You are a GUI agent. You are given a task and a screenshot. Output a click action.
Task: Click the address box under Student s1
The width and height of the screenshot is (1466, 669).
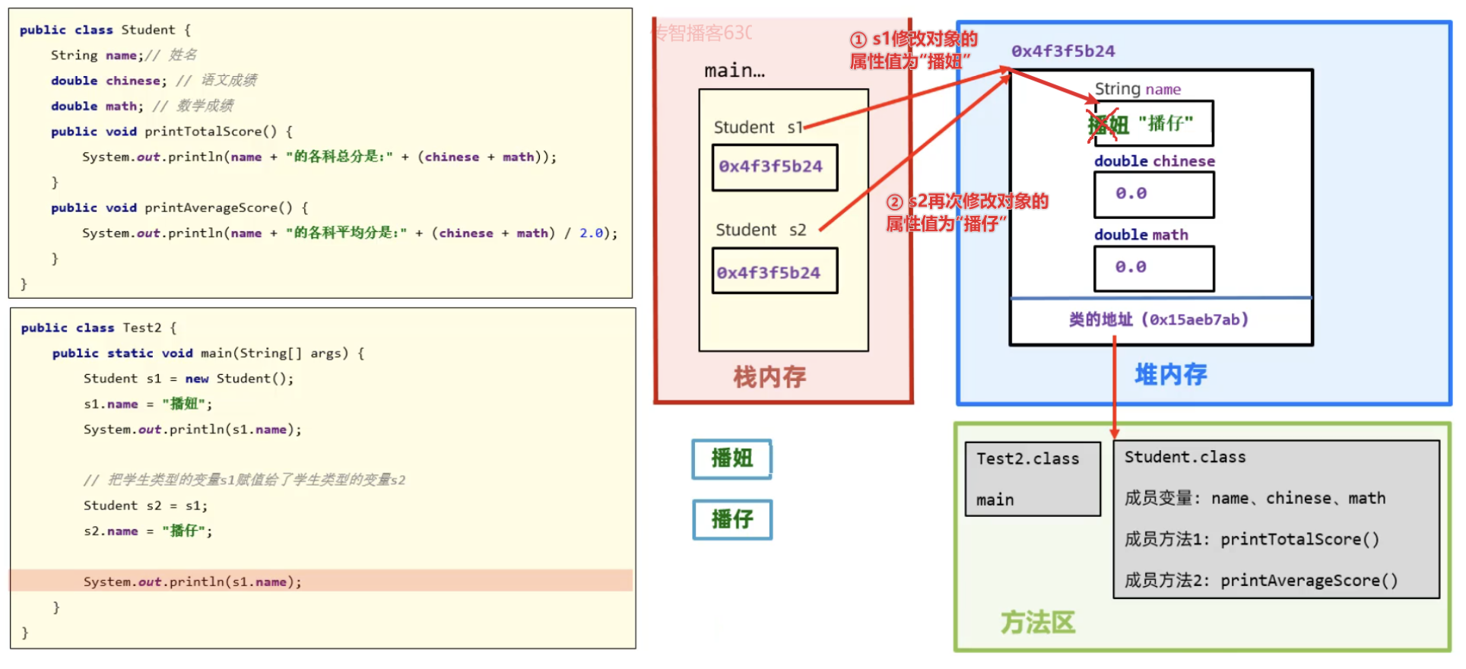click(x=774, y=167)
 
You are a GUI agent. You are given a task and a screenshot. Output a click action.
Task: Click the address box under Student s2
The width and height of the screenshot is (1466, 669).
click(x=774, y=271)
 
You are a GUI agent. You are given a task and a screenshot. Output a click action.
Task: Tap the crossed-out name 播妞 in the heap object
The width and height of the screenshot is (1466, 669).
click(x=1106, y=124)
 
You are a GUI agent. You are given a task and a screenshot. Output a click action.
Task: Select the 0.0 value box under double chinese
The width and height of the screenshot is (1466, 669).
click(x=1153, y=195)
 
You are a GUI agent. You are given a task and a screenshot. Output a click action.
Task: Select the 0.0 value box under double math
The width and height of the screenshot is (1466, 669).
click(x=1153, y=268)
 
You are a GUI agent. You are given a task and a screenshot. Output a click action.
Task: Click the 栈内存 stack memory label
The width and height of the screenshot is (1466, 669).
click(x=769, y=376)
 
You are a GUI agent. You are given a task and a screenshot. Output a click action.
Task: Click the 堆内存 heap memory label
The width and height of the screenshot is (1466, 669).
click(x=1170, y=374)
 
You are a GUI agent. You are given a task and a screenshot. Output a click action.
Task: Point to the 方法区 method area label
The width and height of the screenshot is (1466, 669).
click(x=1037, y=623)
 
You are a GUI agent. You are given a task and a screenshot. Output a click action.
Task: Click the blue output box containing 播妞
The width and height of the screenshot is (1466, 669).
click(x=731, y=458)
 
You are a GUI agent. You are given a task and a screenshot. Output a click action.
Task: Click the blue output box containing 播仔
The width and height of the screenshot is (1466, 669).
click(x=731, y=519)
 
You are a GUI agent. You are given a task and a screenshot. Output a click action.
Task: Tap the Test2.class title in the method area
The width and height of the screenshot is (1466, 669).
click(x=1027, y=459)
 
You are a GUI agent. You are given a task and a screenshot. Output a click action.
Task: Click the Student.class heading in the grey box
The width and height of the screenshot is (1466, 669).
click(x=1185, y=457)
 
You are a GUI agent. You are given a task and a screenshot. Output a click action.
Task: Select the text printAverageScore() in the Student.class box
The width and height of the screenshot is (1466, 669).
click(x=1309, y=581)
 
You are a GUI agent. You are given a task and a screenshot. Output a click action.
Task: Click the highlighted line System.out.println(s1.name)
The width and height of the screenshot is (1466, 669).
click(x=192, y=582)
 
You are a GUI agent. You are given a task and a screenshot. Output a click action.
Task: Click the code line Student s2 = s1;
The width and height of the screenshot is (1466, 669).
click(x=145, y=506)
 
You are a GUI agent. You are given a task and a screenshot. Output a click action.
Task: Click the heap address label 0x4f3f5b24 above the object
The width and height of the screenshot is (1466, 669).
click(x=1062, y=52)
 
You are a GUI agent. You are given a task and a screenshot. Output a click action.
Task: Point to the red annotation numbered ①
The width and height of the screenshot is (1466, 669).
click(x=912, y=50)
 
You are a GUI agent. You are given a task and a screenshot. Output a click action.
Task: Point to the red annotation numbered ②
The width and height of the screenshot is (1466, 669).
click(x=966, y=212)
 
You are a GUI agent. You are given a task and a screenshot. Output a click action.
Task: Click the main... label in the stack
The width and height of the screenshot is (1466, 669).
click(x=734, y=71)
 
